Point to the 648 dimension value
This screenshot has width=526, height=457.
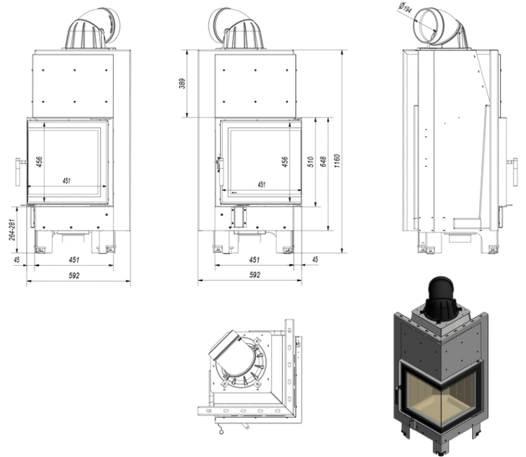pos(323,162)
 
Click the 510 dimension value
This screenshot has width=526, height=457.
pos(309,162)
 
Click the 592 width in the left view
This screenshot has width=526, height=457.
pos(74,275)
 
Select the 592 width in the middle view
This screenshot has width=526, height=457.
pos(255,275)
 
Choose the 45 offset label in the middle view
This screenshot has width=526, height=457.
pos(315,260)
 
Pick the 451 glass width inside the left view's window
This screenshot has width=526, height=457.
pos(66,181)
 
